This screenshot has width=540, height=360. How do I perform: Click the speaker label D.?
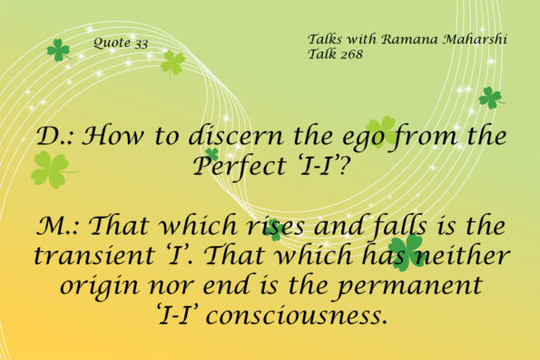tap(56, 138)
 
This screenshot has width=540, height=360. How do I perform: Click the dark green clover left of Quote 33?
tap(58, 50)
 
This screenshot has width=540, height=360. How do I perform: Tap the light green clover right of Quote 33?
tap(172, 62)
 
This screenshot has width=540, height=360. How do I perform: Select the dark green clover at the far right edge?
tap(490, 96)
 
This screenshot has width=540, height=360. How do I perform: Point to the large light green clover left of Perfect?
tap(51, 169)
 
